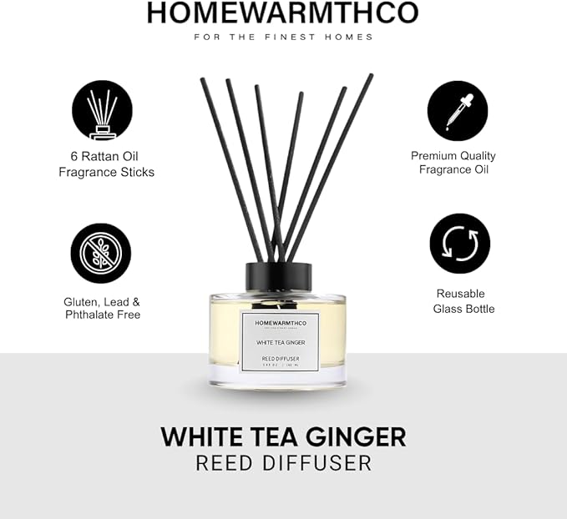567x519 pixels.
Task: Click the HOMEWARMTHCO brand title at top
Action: pyautogui.click(x=282, y=12)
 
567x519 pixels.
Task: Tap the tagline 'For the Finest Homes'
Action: pyautogui.click(x=283, y=37)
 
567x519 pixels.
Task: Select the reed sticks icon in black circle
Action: pyautogui.click(x=101, y=111)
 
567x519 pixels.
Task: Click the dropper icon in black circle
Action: pyautogui.click(x=458, y=111)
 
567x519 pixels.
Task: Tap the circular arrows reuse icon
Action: pyautogui.click(x=460, y=244)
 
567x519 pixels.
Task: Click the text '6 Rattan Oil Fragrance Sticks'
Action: pyautogui.click(x=106, y=164)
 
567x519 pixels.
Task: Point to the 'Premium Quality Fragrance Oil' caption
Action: pyautogui.click(x=453, y=163)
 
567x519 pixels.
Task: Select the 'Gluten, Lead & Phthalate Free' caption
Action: pyautogui.click(x=103, y=308)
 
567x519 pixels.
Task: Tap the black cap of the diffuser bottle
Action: pyautogui.click(x=278, y=276)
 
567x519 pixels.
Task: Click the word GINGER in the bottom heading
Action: pyautogui.click(x=351, y=436)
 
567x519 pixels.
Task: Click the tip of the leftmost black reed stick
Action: pyautogui.click(x=203, y=80)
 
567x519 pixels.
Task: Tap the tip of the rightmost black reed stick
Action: pyautogui.click(x=370, y=76)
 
